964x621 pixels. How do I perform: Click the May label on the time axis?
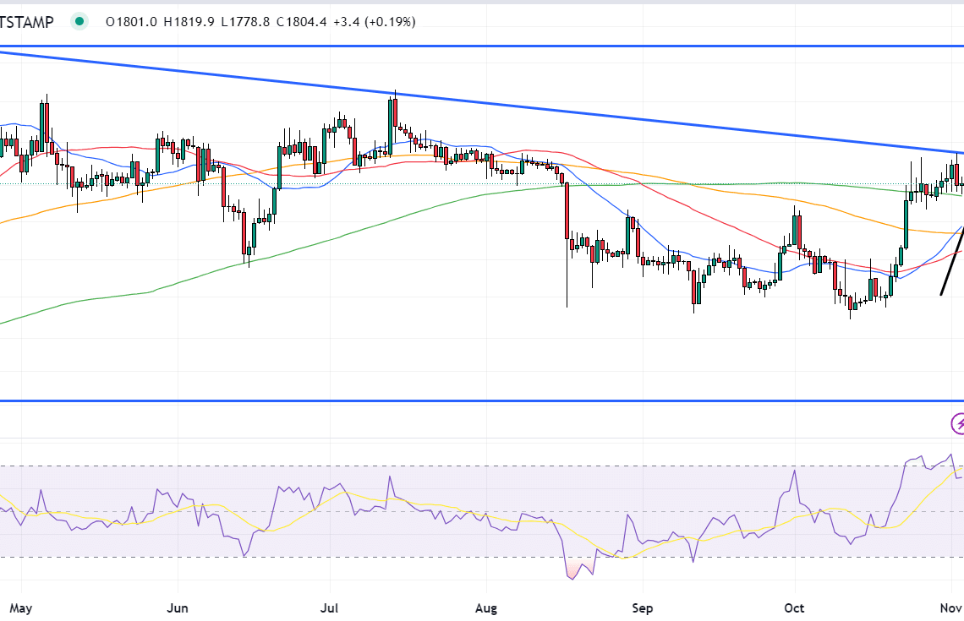click(20, 607)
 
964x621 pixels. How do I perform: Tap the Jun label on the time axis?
click(178, 607)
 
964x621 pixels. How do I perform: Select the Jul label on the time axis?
click(331, 607)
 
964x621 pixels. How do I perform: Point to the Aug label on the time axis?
click(486, 607)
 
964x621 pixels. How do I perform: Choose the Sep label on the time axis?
click(643, 607)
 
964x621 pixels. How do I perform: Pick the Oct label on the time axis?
click(795, 607)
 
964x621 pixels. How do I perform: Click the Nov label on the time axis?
click(951, 607)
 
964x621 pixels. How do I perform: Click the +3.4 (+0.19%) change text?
click(364, 22)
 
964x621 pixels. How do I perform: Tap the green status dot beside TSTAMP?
click(79, 22)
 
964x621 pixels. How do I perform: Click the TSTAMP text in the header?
click(27, 22)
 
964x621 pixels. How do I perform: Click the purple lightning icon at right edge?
click(958, 423)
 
